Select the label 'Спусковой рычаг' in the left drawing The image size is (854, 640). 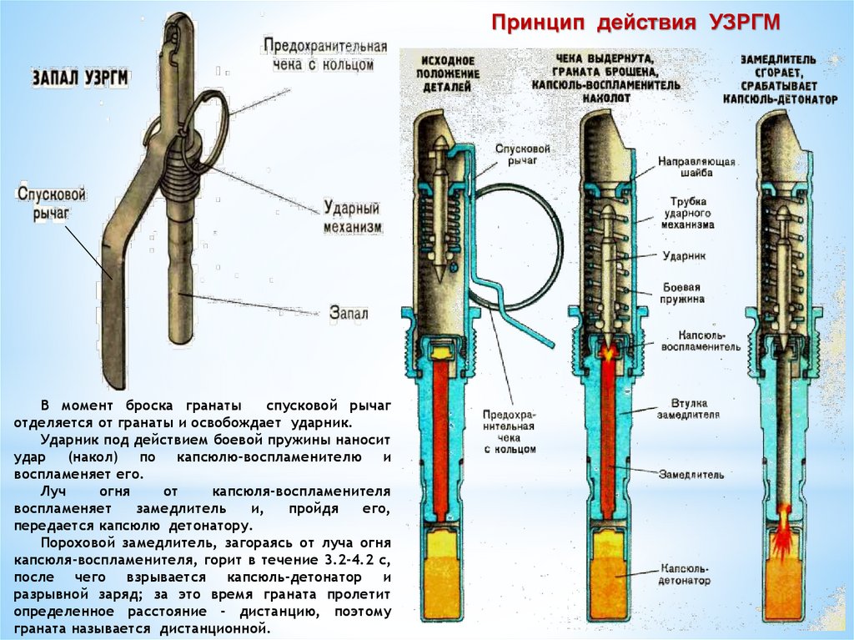coord(51,203)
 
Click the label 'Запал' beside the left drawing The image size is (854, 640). coord(349,313)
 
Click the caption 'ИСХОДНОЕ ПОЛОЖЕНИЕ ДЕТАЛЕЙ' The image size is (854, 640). coord(448,73)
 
